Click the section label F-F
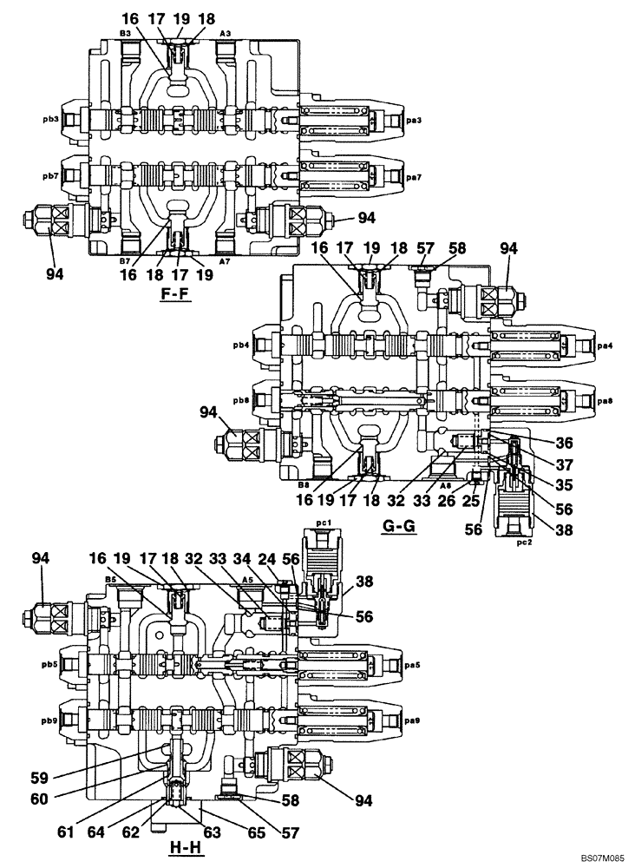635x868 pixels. tap(175, 294)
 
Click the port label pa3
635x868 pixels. tap(413, 119)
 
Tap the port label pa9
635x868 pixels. tap(413, 717)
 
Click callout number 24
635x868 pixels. tap(268, 561)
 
